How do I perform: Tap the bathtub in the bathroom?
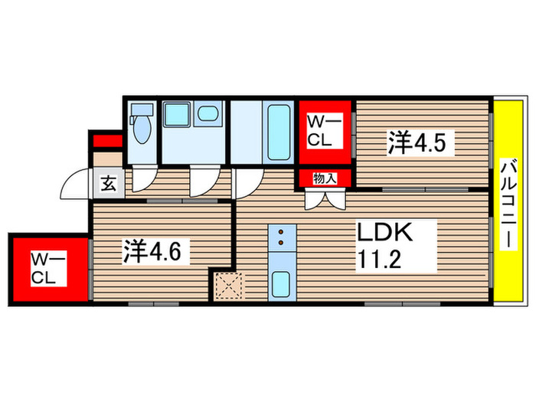(277, 132)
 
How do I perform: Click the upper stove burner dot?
(281, 233)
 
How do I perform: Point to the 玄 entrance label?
(109, 184)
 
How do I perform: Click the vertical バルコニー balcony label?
(507, 202)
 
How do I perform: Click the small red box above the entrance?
(106, 142)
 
